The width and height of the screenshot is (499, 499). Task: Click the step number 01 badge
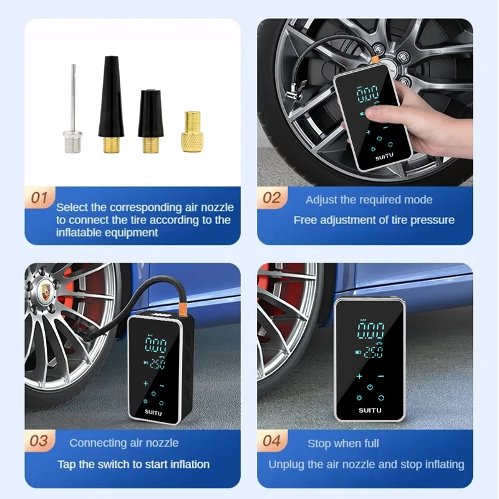pos(39,198)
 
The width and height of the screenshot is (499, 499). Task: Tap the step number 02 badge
pos(271,198)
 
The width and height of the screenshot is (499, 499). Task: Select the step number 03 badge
pos(39,441)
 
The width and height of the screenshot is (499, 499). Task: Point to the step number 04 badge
pos(271,441)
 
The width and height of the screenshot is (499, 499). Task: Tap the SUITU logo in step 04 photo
pos(370,410)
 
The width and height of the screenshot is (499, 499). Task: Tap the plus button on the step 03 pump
pos(146,383)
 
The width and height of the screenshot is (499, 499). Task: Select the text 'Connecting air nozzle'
pos(124,443)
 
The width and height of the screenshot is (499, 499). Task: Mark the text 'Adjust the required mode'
pos(369,200)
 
